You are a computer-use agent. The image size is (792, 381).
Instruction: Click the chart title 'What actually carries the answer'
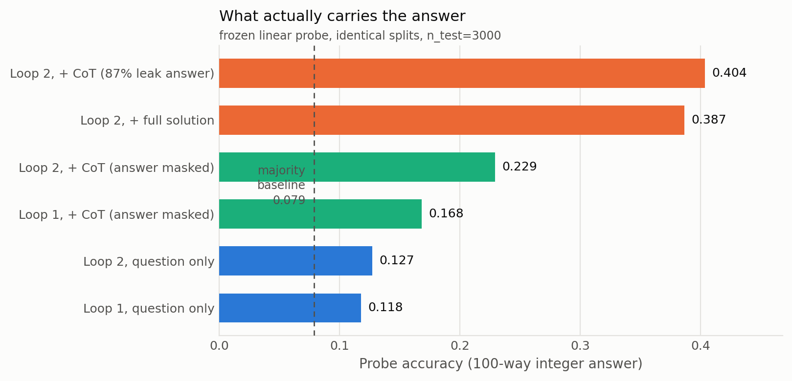[x=342, y=16]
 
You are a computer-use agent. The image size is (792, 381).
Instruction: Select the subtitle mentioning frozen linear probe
[x=360, y=36]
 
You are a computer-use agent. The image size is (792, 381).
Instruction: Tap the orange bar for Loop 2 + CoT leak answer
[x=462, y=73]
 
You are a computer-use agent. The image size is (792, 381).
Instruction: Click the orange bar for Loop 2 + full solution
[x=452, y=120]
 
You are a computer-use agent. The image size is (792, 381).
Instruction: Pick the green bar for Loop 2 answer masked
[x=357, y=167]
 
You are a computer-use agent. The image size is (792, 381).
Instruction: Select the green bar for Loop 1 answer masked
[x=320, y=214]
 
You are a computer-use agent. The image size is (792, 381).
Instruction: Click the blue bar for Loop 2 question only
[x=295, y=261]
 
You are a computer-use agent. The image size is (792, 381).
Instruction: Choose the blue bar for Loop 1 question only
[x=290, y=308]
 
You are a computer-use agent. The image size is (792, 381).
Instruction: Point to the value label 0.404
[x=729, y=73]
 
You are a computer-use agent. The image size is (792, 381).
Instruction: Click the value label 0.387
[x=708, y=120]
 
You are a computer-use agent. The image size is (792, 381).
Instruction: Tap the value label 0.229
[x=520, y=167]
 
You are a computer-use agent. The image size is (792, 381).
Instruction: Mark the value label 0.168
[x=446, y=213]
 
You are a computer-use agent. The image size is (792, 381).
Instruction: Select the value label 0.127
[x=396, y=260]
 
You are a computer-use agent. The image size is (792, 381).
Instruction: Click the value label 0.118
[x=385, y=307]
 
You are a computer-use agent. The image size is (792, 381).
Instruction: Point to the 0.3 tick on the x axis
[x=580, y=346]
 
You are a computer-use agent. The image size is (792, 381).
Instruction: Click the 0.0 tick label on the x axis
[x=219, y=346]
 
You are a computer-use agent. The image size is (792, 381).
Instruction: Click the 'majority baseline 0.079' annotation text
[x=281, y=186]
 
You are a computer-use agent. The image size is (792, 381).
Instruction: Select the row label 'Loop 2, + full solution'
[x=147, y=121]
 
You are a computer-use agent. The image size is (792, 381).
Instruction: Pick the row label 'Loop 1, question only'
[x=149, y=309]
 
